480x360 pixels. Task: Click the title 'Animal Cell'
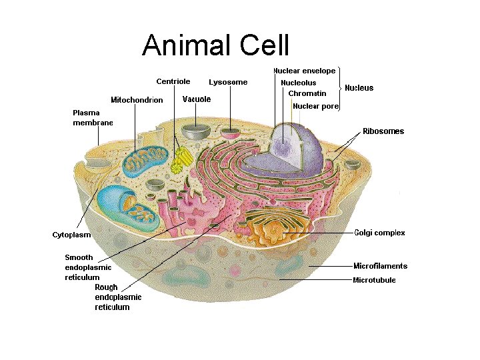pos(215,46)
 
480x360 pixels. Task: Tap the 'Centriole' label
pos(173,81)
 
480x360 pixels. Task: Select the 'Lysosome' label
pos(228,82)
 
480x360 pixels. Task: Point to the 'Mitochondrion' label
pos(137,100)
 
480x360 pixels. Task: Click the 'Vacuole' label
pos(197,99)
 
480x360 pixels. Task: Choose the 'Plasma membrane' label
pos(92,117)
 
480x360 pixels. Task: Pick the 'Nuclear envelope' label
pos(304,71)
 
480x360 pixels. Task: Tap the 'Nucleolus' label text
pos(299,83)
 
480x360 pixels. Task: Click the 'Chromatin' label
pos(307,93)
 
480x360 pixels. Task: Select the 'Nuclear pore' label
pos(316,106)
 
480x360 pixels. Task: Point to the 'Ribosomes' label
pos(383,131)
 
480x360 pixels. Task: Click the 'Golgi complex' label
pos(379,233)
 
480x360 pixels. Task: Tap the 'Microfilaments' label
pos(380,266)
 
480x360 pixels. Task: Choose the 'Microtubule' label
pos(374,280)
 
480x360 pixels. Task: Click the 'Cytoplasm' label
pos(72,235)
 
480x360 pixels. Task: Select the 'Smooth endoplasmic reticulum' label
pos(88,267)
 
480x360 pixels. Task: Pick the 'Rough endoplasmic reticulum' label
pos(118,297)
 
